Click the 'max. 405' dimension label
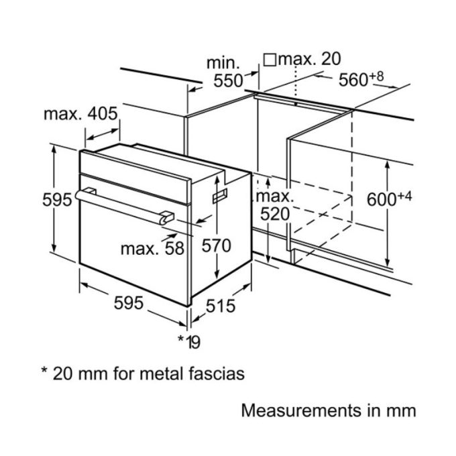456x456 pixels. coord(80,114)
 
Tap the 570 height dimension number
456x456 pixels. coord(216,245)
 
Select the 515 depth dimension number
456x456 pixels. coord(220,306)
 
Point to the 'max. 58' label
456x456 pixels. coord(152,249)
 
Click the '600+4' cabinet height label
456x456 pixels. coord(390,199)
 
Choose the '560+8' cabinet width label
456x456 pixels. coord(361,79)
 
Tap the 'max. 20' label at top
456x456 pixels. coord(309,59)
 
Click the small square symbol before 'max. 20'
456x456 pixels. coord(270,59)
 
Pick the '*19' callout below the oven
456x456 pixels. coord(189,342)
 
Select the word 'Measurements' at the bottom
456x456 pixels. coord(301,411)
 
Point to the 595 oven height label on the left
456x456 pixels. coord(57,200)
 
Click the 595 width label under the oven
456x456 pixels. coord(128,302)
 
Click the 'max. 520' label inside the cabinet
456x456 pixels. coord(275,206)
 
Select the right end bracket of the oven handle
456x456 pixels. coord(166,217)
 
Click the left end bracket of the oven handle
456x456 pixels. coord(90,192)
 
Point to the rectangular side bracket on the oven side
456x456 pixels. coord(220,196)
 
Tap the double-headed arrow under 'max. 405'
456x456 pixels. coord(102,134)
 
